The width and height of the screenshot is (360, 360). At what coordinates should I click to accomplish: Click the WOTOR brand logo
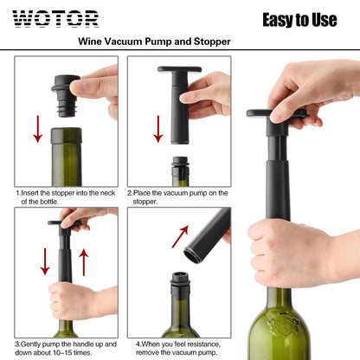pos(55,18)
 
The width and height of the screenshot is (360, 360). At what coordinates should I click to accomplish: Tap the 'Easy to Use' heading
pos(299,19)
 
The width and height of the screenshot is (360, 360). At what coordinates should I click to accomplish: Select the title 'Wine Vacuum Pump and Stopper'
pos(154,41)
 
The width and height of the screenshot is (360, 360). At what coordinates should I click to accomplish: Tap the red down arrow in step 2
pos(158,128)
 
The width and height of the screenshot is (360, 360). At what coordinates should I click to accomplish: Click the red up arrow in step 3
pos(84,261)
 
